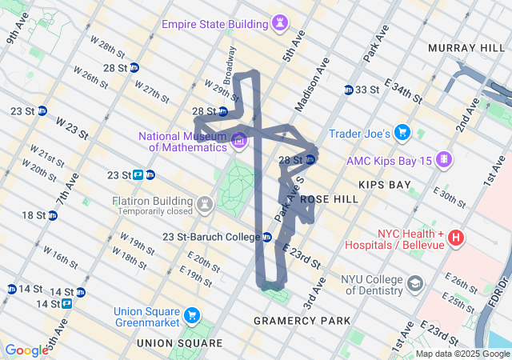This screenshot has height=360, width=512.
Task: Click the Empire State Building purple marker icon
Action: [x=280, y=22]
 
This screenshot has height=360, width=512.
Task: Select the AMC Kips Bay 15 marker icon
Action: [x=443, y=160]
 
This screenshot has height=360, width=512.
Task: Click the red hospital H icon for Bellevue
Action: [x=456, y=238]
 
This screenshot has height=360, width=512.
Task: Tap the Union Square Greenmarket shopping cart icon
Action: [x=190, y=316]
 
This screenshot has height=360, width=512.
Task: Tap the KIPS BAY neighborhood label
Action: [x=385, y=185]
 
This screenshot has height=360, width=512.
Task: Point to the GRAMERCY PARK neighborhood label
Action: [x=302, y=320]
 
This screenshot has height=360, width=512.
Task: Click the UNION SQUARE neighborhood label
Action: [x=179, y=342]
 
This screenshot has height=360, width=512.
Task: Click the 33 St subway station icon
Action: [x=349, y=90]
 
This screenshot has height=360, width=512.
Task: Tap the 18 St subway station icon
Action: [x=53, y=215]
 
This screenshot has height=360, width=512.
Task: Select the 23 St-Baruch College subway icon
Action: [x=268, y=237]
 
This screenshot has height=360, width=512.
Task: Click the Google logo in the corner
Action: [x=26, y=350]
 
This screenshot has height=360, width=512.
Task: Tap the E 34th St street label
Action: [x=402, y=90]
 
